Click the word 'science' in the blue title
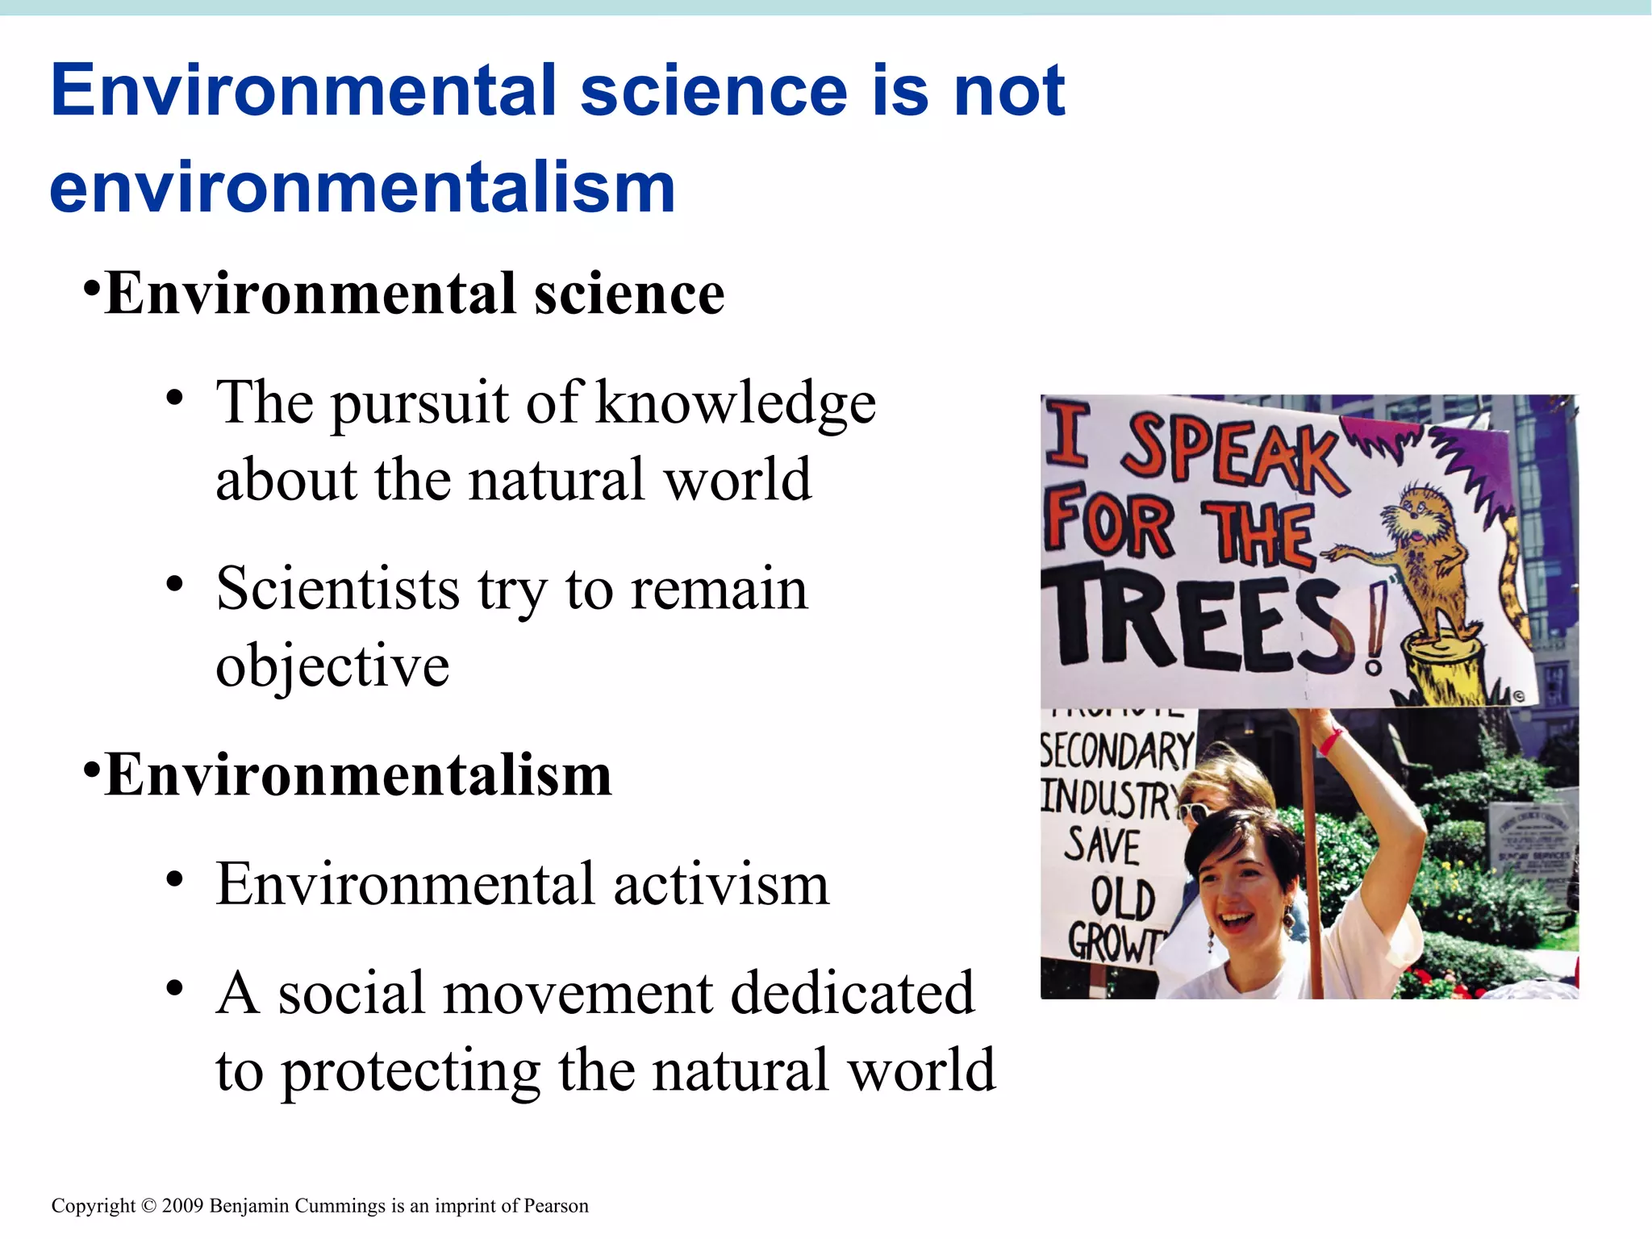click(x=713, y=90)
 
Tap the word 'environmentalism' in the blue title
click(x=362, y=187)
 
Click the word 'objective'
click(x=332, y=666)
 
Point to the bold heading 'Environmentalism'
click(x=358, y=774)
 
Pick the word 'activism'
click(x=721, y=884)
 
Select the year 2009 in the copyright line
click(x=183, y=1206)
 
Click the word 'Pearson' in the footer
click(x=556, y=1206)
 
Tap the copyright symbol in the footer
click(x=148, y=1206)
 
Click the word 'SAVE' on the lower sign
click(x=1102, y=845)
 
